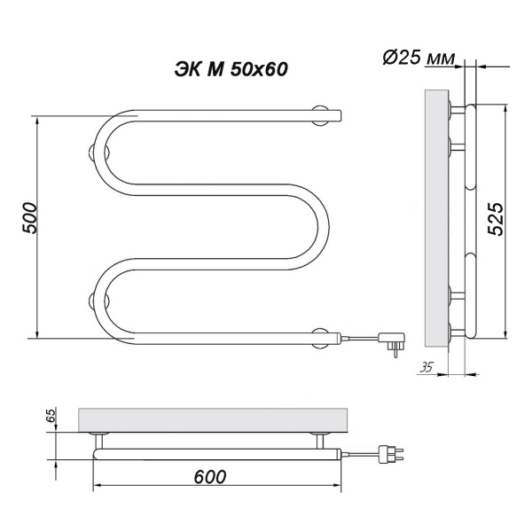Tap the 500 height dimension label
(30, 218)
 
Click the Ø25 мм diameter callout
(419, 59)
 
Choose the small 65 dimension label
(51, 414)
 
